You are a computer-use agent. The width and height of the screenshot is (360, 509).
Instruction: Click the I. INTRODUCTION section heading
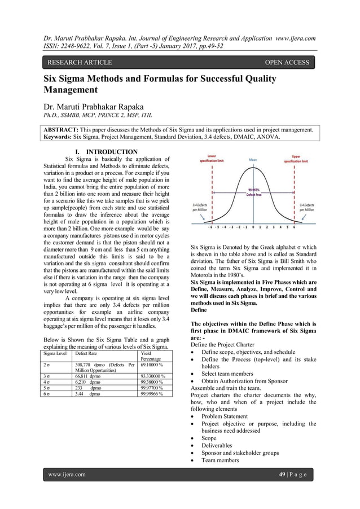[102, 152]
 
